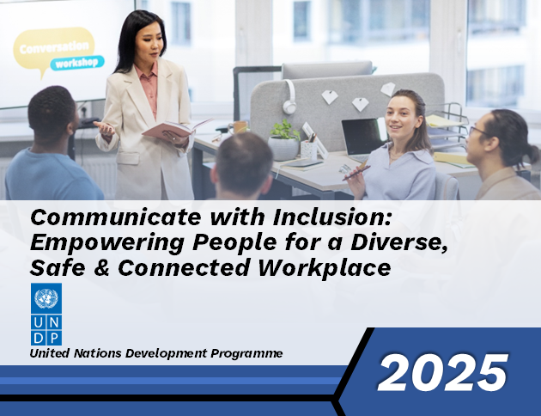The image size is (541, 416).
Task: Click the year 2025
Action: (443, 373)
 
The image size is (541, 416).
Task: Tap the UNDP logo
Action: (46, 315)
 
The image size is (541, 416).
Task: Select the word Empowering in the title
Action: (107, 243)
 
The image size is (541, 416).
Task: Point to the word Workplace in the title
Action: (325, 268)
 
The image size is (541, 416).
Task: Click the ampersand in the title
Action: (102, 268)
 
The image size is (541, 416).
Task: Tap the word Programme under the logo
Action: (246, 353)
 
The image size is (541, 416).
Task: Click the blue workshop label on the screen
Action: (77, 63)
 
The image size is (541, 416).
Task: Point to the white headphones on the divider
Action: (290, 97)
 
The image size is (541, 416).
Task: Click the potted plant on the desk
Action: (283, 140)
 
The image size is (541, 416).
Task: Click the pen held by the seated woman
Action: (356, 172)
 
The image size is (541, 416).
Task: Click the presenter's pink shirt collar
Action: (146, 71)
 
